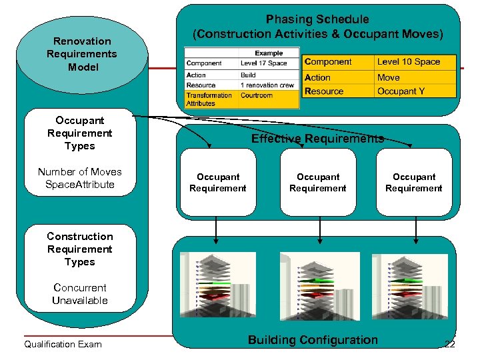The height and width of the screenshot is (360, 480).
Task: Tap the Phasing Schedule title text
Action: [x=317, y=27]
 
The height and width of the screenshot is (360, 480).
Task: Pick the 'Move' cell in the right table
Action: [x=389, y=77]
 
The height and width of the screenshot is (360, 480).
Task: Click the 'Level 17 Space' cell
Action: [x=264, y=63]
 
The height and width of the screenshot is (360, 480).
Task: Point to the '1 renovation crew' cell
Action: [x=267, y=85]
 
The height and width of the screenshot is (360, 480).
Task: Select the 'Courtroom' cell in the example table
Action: [x=257, y=95]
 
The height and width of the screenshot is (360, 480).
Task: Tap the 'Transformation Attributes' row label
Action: [x=209, y=99]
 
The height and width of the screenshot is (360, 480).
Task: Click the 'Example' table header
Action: [x=268, y=53]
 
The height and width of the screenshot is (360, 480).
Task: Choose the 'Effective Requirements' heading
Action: [x=317, y=139]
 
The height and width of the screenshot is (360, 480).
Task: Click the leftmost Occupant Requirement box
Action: [x=218, y=183]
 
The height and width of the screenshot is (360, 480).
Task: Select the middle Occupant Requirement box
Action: [x=318, y=183]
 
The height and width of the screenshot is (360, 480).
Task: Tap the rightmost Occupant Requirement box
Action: [x=414, y=183]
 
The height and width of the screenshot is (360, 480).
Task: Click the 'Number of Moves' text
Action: [x=80, y=171]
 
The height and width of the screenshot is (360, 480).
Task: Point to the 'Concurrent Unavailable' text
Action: [x=80, y=294]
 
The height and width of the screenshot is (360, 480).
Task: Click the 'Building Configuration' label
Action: [x=313, y=340]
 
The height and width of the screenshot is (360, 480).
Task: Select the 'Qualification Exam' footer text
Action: [x=63, y=344]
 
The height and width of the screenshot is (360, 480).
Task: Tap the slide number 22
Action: [x=449, y=345]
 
